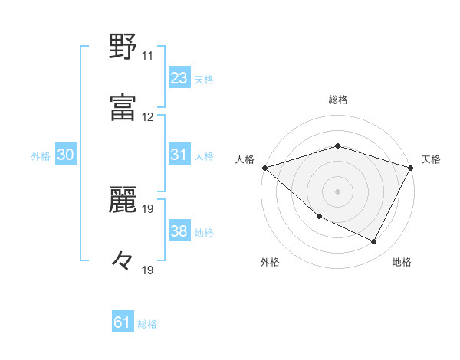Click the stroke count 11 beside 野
click(147, 56)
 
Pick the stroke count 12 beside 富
click(147, 117)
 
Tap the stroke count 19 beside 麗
click(147, 208)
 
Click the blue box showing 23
click(179, 78)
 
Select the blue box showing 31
click(179, 155)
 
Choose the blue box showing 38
click(179, 232)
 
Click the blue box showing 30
click(66, 155)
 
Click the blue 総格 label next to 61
click(147, 324)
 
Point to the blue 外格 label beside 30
click(41, 156)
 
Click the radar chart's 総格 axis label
click(338, 100)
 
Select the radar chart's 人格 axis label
click(245, 159)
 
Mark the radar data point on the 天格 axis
click(411, 167)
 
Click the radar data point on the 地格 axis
click(374, 242)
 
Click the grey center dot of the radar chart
click(338, 191)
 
